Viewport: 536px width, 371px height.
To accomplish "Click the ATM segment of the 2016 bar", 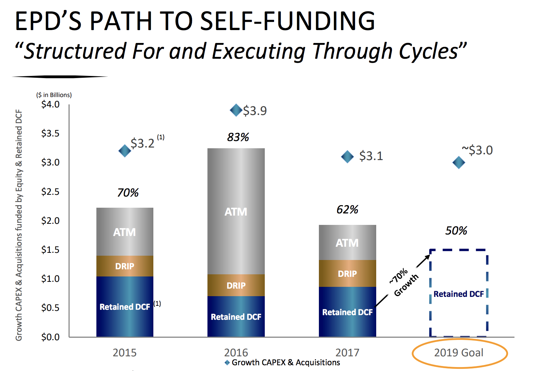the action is coord(236,211).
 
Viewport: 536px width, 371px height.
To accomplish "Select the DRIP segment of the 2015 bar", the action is coord(125,266).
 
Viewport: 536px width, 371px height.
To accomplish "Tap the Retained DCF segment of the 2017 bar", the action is coord(348,312).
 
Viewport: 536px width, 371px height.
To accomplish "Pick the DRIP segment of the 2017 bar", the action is coord(348,273).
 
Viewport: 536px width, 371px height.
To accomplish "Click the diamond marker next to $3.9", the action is coord(236,110).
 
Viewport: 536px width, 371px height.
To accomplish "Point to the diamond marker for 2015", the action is coord(125,151).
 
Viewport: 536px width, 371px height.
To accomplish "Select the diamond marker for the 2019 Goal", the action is coord(459,163).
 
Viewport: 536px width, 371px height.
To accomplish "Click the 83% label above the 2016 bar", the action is coord(238,137).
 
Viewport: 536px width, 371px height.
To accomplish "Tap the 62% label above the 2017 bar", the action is coord(348,209).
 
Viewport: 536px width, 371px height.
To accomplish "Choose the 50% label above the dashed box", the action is coord(456,231).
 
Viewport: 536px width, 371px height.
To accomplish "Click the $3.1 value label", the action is coord(371,156).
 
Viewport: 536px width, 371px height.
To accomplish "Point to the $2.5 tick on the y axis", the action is coord(50,192).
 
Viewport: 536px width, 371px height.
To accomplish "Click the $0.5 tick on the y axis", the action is coord(50,308).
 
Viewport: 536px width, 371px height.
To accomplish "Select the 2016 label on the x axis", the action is coord(236,353).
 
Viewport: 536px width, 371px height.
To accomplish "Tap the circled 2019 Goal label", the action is coord(459,353).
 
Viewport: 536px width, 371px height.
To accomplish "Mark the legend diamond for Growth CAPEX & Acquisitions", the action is coord(227,363).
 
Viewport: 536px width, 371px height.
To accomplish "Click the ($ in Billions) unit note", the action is coord(54,95).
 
